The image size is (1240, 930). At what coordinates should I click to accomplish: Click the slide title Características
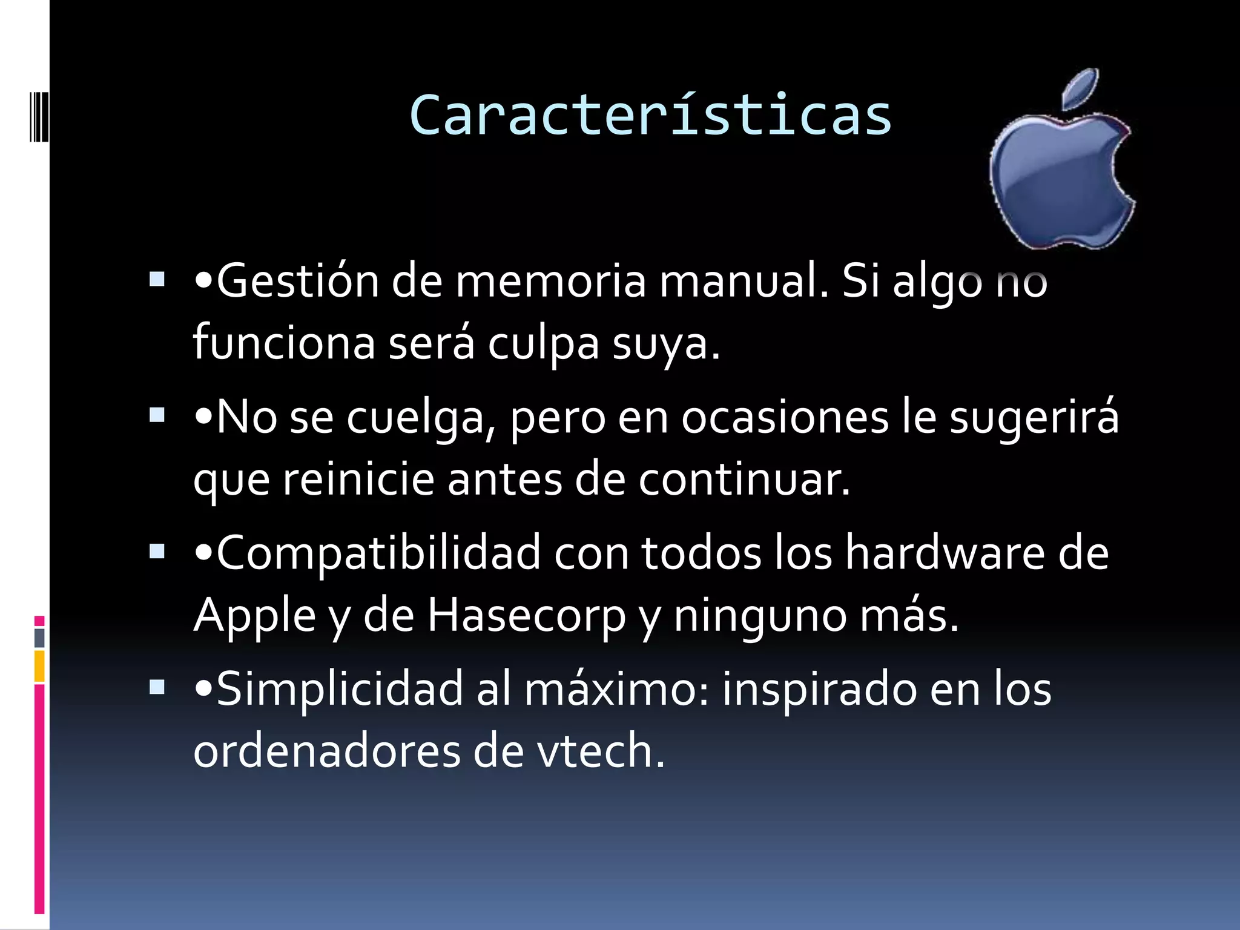pyautogui.click(x=650, y=115)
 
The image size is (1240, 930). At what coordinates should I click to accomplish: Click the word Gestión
pyautogui.click(x=297, y=282)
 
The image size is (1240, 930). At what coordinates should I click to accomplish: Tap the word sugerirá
pyautogui.click(x=1034, y=418)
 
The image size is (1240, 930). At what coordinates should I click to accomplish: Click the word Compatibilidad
pyautogui.click(x=378, y=553)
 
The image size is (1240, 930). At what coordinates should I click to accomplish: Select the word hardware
pyautogui.click(x=945, y=553)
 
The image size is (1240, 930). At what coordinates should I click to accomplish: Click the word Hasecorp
pyautogui.click(x=526, y=616)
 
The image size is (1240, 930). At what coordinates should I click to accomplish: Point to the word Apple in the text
pyautogui.click(x=255, y=616)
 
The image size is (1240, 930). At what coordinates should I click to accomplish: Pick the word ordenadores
pyautogui.click(x=326, y=751)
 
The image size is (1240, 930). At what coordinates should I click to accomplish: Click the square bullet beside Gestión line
pyautogui.click(x=157, y=279)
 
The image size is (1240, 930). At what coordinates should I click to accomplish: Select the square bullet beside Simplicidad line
pyautogui.click(x=157, y=687)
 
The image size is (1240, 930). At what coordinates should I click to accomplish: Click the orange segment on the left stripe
pyautogui.click(x=39, y=666)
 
